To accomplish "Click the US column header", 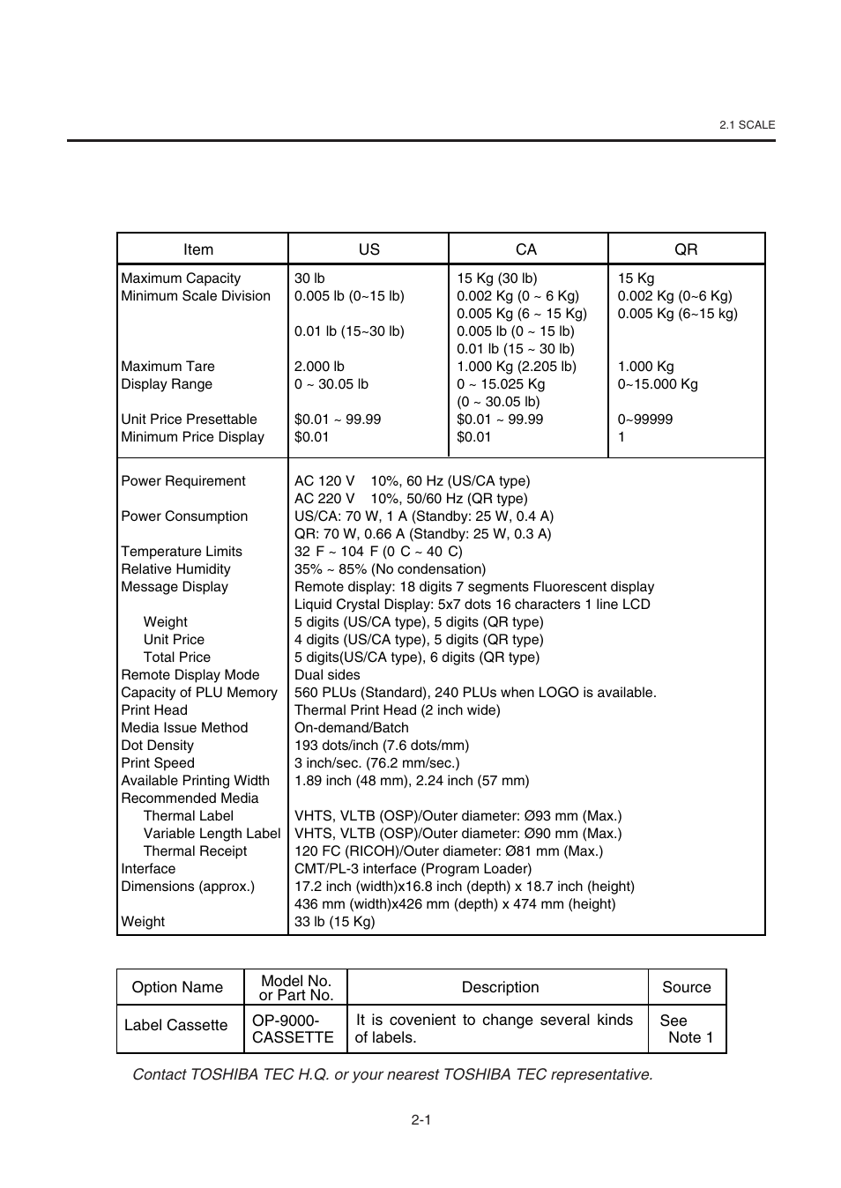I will [368, 249].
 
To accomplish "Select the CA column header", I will [526, 249].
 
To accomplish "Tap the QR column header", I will [686, 249].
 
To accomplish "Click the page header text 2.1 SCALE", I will [747, 125].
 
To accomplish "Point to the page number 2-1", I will [420, 1120].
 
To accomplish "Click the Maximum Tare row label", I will [167, 367].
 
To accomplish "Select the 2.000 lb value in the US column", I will [319, 367].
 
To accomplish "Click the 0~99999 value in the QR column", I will [644, 420].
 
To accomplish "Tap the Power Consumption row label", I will [184, 516].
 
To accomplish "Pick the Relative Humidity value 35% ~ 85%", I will [390, 569].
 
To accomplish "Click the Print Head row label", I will [154, 710].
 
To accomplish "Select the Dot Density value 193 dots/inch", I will [381, 746].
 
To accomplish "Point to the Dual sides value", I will [327, 675].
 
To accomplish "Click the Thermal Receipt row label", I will [195, 851].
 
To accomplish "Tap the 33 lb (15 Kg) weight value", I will [334, 922].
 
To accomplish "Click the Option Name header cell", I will [177, 987].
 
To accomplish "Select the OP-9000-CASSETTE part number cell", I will [293, 1028].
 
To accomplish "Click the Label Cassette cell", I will [175, 1025].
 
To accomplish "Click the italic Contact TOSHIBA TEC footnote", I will [392, 1074].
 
